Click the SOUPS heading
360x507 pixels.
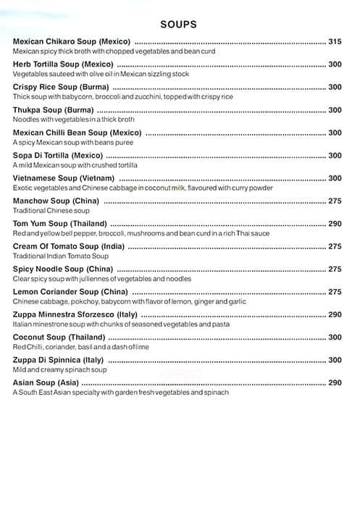tap(180, 25)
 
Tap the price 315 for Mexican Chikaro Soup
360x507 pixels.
tap(335, 42)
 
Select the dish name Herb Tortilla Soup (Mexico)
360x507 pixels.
tap(64, 64)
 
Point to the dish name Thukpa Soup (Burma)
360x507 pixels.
tap(54, 110)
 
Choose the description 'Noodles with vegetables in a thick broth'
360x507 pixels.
tap(73, 120)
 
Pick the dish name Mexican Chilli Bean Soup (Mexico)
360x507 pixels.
tap(78, 133)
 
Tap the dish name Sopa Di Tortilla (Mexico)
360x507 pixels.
tap(58, 155)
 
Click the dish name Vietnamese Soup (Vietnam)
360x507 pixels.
tap(64, 178)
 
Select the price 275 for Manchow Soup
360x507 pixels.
tap(335, 201)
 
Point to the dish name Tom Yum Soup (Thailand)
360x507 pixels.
tap(60, 224)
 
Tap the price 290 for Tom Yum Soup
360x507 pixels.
tap(335, 224)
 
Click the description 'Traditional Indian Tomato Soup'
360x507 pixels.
tap(59, 256)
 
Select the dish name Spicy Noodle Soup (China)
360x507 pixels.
tap(63, 269)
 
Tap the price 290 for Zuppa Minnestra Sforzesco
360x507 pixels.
tap(335, 314)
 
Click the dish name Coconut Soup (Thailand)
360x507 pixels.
tap(59, 338)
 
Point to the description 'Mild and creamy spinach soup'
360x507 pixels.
tap(60, 369)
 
